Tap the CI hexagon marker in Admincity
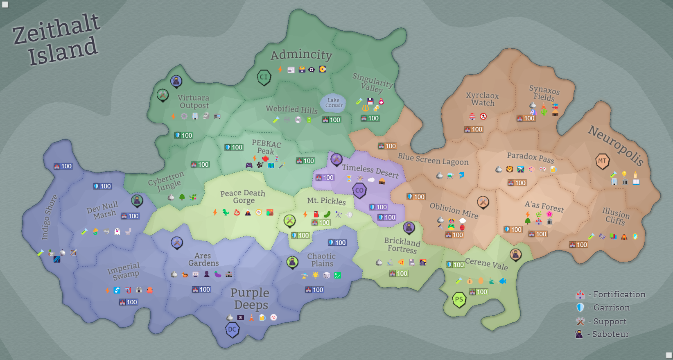(x=264, y=77)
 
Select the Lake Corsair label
(x=334, y=103)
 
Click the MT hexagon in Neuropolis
(x=602, y=161)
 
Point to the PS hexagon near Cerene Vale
(x=459, y=299)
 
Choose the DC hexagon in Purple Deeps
(x=232, y=329)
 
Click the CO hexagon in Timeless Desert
(x=359, y=190)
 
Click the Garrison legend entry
(x=604, y=308)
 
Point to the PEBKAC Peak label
(x=266, y=147)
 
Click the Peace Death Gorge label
(x=243, y=197)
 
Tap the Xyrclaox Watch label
(x=482, y=99)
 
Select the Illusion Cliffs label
(x=616, y=216)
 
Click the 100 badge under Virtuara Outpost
(x=183, y=135)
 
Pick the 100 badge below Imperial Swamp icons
(x=128, y=302)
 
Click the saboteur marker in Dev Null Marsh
(x=137, y=201)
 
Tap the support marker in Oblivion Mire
(x=483, y=202)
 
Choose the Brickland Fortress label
(x=402, y=245)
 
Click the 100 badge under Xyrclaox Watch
(x=474, y=129)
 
